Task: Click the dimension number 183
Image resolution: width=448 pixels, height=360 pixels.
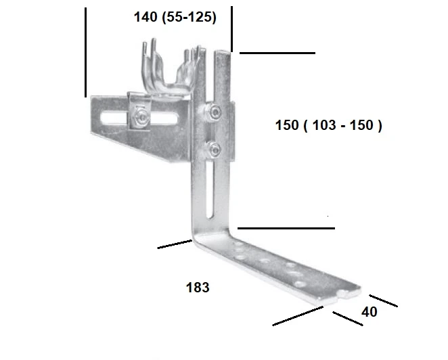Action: click(x=198, y=288)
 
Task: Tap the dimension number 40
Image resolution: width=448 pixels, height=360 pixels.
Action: click(x=369, y=312)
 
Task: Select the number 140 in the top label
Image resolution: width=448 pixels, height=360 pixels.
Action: click(x=146, y=18)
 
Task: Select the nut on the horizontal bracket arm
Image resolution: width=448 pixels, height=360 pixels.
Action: click(x=140, y=117)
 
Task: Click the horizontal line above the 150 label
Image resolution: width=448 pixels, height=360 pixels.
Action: click(x=277, y=52)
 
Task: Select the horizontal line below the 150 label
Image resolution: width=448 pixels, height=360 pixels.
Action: click(x=286, y=229)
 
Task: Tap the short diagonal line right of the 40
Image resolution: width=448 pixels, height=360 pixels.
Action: click(x=384, y=300)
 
